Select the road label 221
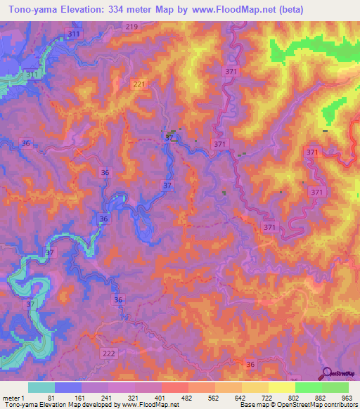140,84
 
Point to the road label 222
109,353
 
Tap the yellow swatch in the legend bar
282,387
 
